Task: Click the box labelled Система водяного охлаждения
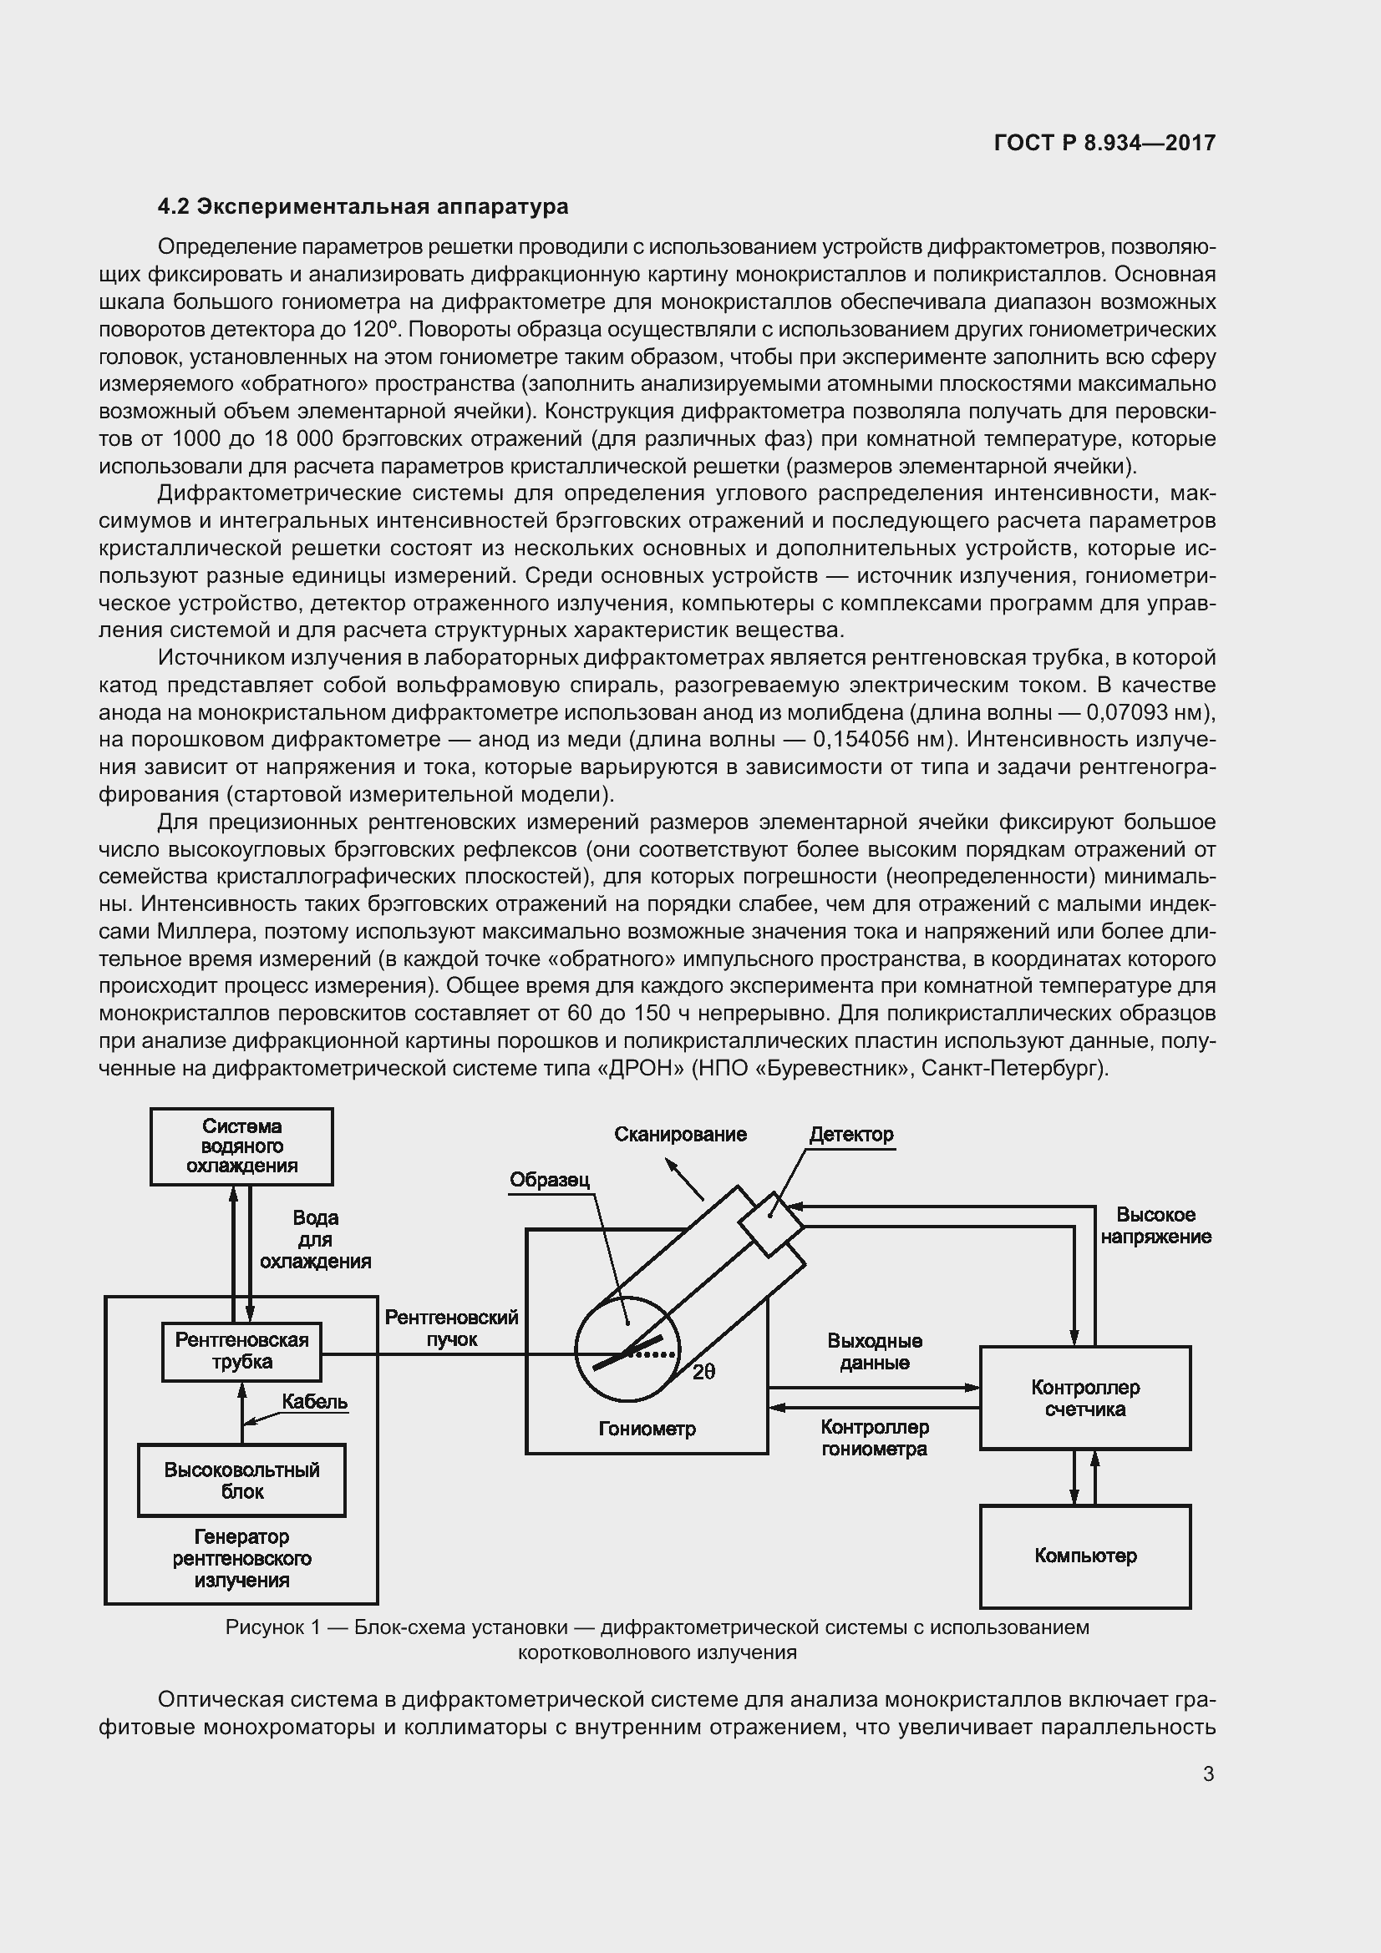tap(241, 1146)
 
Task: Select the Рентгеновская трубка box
tap(241, 1351)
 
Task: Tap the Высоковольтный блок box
tap(241, 1480)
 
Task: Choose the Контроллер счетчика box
tap(1085, 1398)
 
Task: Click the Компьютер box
tap(1085, 1556)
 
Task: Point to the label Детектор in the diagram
tap(850, 1135)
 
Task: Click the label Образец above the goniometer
tap(550, 1180)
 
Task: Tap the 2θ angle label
tap(703, 1372)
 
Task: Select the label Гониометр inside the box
tap(647, 1429)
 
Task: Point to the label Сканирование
tap(681, 1134)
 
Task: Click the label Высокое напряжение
tap(1155, 1226)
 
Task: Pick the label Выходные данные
tap(875, 1352)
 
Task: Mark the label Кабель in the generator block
tap(315, 1402)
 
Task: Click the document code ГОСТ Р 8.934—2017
tap(1104, 143)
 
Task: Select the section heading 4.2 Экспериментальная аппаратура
tap(363, 207)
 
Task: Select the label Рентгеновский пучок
tap(452, 1328)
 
